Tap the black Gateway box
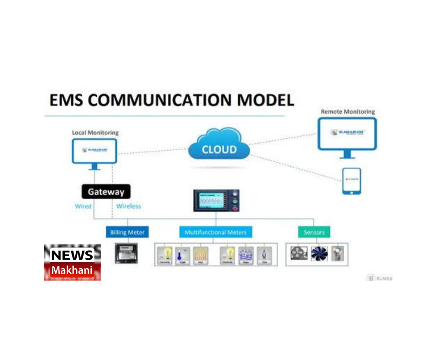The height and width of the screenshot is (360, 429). (x=106, y=191)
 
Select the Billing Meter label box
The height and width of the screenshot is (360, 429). (x=127, y=232)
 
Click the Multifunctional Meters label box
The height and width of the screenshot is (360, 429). (x=215, y=232)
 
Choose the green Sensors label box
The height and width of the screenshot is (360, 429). (x=314, y=232)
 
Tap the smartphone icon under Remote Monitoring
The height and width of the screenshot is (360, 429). (x=351, y=181)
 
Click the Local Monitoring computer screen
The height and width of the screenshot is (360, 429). (x=94, y=151)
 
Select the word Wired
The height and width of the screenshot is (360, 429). (x=83, y=206)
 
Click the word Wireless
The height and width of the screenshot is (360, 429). (x=129, y=206)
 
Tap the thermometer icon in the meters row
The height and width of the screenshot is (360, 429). (x=183, y=254)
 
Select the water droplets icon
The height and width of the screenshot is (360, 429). (x=246, y=254)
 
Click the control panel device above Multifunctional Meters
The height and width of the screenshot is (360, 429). (x=217, y=201)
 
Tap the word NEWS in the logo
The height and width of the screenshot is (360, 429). (x=72, y=255)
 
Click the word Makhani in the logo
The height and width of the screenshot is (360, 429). (x=72, y=270)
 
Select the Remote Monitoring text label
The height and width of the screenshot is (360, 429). (x=347, y=111)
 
